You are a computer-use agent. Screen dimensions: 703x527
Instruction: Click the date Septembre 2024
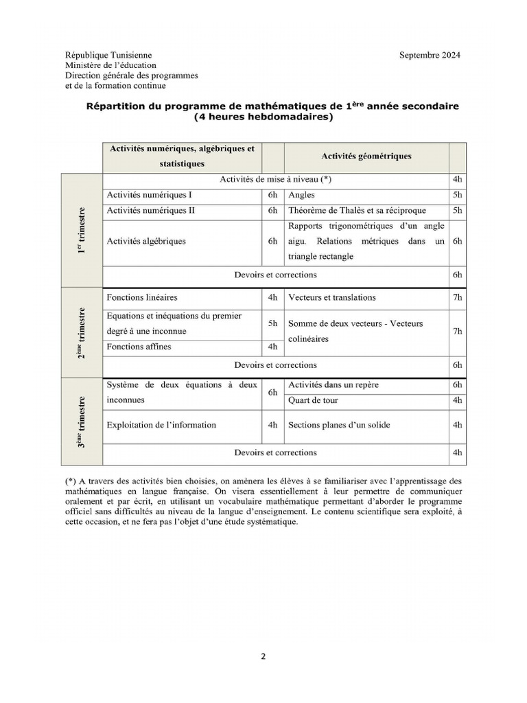pos(430,55)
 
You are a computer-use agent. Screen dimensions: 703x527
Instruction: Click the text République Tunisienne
pos(108,55)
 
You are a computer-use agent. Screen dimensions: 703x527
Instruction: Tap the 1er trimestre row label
pos(82,231)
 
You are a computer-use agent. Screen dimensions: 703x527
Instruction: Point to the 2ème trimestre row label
pos(82,333)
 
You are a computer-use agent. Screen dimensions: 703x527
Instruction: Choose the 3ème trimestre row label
pos(82,422)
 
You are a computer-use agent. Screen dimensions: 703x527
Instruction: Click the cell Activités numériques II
pos(151,211)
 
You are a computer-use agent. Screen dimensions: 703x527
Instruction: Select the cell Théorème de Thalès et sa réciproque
pos(357,211)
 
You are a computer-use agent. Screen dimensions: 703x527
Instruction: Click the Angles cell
pos(302,195)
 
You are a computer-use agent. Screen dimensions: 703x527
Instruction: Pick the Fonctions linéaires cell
pos(142,298)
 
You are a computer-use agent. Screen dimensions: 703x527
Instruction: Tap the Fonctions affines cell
pos(139,347)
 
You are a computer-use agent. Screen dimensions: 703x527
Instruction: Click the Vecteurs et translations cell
pos(332,298)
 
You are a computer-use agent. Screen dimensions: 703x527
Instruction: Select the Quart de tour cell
pos(313,400)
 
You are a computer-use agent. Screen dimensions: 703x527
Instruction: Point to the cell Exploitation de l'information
pos(161,425)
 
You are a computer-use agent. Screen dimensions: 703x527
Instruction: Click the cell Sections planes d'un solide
pos(339,425)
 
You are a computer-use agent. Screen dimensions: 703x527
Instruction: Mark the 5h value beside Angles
pos(458,195)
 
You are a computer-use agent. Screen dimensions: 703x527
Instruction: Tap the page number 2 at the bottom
pos(263,656)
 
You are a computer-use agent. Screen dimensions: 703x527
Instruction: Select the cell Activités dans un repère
pos(333,385)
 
